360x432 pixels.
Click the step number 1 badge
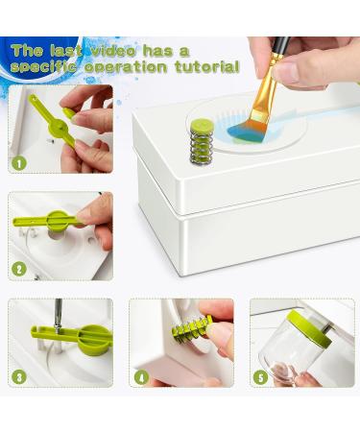tap(19, 163)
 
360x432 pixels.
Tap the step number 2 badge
tap(19, 269)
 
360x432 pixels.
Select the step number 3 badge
tap(19, 377)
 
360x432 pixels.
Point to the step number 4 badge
tap(141, 377)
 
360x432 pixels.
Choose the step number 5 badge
tap(261, 377)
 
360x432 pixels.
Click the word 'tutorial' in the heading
tap(207, 67)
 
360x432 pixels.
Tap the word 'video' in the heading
tap(114, 51)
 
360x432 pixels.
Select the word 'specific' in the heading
tap(43, 67)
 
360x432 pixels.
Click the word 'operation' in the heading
tap(126, 68)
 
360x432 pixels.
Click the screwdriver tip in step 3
tap(57, 329)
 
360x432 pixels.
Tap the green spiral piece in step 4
tap(191, 328)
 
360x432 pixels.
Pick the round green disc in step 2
tap(58, 221)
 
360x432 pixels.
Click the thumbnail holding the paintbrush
tap(287, 75)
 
